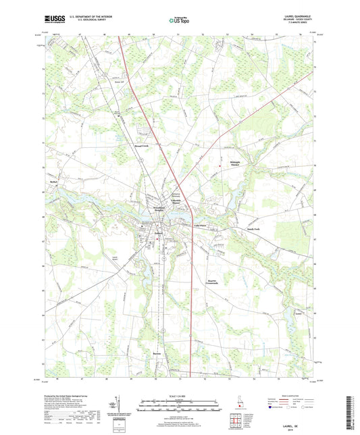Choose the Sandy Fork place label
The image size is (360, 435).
(x=255, y=230)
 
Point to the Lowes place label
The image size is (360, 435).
(x=299, y=313)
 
